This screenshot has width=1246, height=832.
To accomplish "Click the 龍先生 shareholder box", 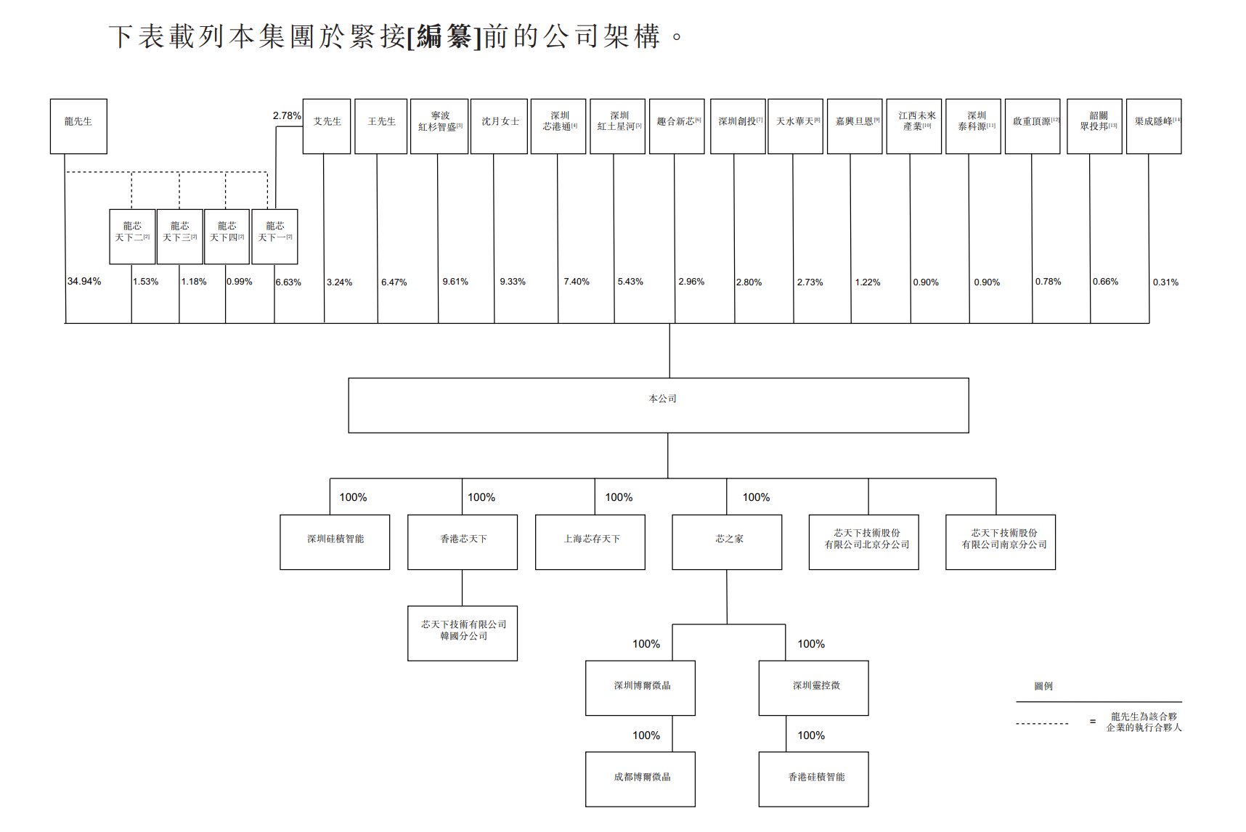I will pos(78,126).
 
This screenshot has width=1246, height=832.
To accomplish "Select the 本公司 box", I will pos(658,405).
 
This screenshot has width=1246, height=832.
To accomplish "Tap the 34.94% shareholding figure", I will pos(84,282).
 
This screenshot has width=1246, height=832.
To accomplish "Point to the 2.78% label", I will pos(287,115).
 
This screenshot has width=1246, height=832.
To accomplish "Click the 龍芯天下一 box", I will pos(274,237).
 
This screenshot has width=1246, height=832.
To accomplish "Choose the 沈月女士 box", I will pos(499,126).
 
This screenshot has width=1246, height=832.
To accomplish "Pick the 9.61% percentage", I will pos(455,282).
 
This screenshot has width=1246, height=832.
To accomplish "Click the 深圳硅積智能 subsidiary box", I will pos(335,542).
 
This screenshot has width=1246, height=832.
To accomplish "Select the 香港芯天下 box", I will pos(463,542).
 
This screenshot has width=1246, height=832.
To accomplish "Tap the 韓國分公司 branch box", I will pos(463,633).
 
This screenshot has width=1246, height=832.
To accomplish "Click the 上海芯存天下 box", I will pos(590,542).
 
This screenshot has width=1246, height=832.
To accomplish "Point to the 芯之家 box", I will pos(727,542).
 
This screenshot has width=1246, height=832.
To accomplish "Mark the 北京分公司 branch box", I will pos(864,542).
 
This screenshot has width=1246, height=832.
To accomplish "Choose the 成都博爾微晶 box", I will pos(640,779).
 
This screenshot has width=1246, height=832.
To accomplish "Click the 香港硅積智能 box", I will pos(813,779).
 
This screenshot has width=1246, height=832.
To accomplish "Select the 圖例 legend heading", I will pos(1043,686).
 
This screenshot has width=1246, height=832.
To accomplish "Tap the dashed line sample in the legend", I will pos(1042,723).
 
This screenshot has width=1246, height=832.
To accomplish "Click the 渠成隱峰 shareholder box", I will pos(1154,126).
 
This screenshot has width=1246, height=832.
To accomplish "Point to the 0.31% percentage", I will pos(1165,282).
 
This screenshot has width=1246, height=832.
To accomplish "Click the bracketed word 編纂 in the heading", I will pos(444,36).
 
